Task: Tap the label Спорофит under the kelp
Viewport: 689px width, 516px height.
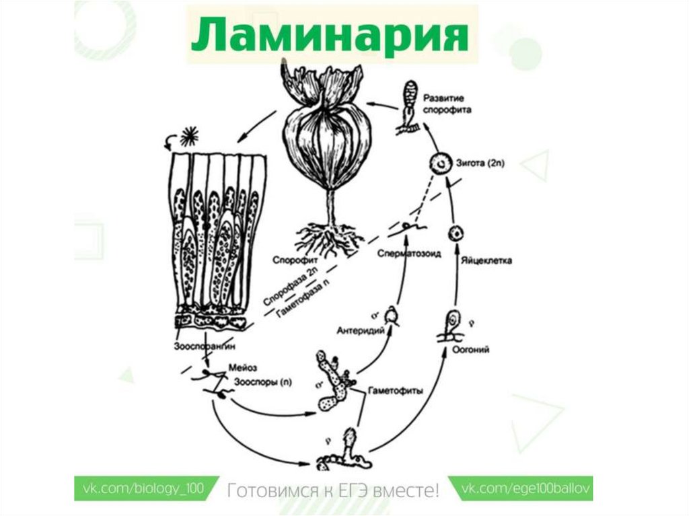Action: point(291,258)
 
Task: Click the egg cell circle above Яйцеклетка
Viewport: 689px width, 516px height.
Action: point(457,233)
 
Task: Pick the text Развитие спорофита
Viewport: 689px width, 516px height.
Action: point(437,104)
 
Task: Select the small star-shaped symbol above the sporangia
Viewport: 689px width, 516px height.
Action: point(191,134)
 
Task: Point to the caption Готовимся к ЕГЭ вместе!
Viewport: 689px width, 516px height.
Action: point(333,489)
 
